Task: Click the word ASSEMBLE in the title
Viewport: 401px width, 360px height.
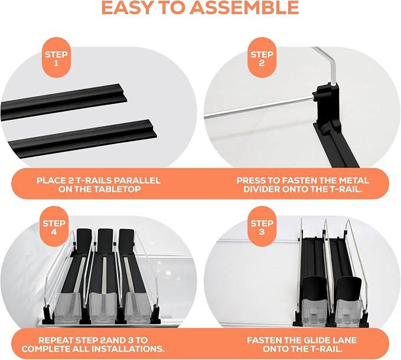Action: tap(244, 8)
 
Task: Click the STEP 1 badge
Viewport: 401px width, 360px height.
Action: tap(56, 58)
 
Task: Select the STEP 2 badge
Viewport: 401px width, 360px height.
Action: tap(262, 58)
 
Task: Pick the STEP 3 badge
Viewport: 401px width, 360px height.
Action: tap(262, 227)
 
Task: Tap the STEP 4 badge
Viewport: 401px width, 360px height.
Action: tap(54, 227)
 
